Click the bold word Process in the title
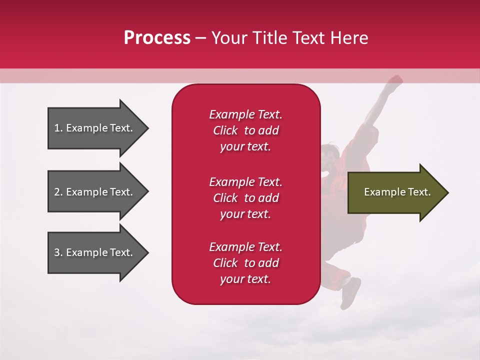coord(157,38)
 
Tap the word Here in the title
coord(348,38)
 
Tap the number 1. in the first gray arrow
coord(58,128)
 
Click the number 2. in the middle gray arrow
coord(58,192)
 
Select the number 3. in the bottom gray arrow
coord(58,252)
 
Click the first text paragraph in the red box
coord(245,130)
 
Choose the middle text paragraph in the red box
coord(245,198)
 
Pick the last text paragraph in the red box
coord(245,263)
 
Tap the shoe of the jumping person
coord(351,292)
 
